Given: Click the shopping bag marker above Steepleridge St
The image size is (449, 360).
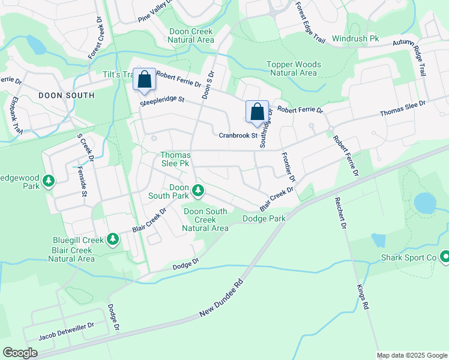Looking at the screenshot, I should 144,80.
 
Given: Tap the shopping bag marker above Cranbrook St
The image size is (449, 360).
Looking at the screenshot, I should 257,112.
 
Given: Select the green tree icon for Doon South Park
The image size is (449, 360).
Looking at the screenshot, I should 197,192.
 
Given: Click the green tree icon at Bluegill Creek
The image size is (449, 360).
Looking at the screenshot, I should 112,240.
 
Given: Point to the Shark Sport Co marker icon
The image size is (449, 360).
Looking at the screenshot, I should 445,257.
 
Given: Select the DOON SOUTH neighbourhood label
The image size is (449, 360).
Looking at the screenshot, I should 66,95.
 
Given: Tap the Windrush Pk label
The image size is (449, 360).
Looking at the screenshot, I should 355,38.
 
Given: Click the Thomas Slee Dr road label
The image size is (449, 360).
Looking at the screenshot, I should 402,109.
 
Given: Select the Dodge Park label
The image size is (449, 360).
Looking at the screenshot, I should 264,219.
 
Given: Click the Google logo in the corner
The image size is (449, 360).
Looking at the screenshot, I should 20,352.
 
